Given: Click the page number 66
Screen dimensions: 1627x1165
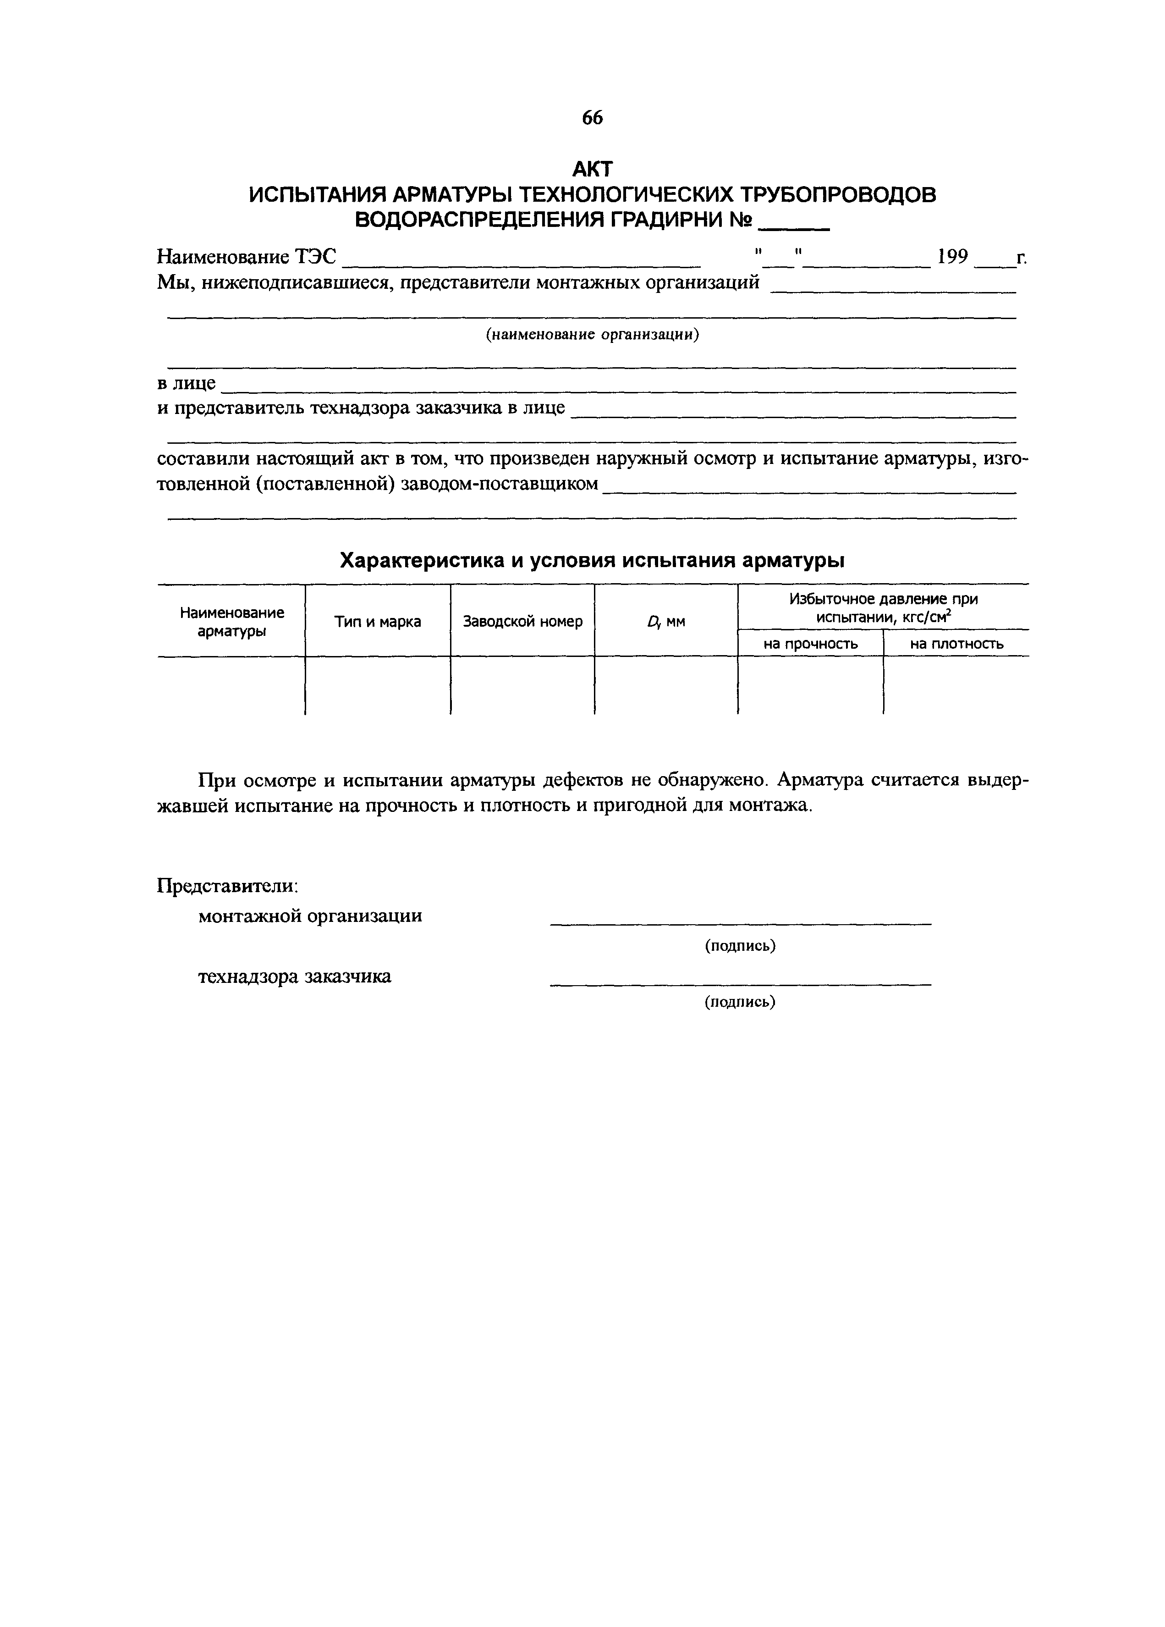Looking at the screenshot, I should (593, 118).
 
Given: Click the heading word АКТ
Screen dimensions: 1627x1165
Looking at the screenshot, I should (593, 169).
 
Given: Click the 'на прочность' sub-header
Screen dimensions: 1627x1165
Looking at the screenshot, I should (811, 644).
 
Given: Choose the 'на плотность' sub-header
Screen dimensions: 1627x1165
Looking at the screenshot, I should (956, 644).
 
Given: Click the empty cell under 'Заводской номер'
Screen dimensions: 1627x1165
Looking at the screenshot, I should (522, 685).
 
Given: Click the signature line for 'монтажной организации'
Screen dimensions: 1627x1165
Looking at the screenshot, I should (740, 923).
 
